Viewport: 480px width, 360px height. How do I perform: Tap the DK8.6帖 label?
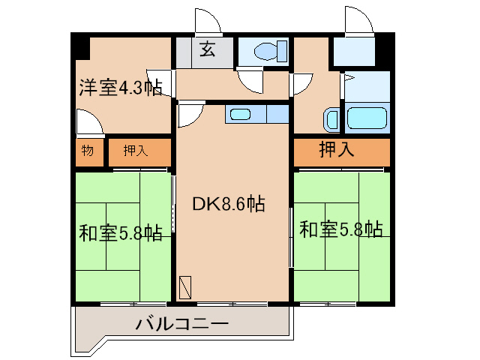228,203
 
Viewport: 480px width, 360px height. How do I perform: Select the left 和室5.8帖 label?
121,233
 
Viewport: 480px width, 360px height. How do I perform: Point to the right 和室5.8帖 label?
341,229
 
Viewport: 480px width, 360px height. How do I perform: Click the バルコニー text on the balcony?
182,325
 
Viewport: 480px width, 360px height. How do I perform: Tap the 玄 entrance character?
208,51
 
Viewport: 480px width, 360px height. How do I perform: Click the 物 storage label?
88,151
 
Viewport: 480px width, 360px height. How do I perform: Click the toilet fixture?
267,52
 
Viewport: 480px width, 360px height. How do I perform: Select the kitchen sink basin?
241,115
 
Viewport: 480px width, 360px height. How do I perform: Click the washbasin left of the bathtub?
331,120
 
